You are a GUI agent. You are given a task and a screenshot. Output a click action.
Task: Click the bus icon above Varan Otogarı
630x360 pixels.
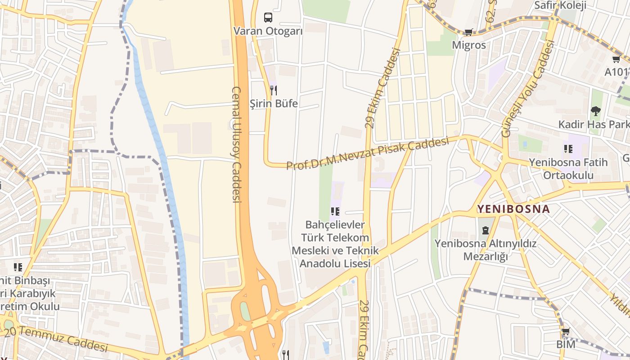[x=268, y=18]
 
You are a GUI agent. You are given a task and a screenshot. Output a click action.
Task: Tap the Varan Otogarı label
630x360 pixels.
[x=268, y=31]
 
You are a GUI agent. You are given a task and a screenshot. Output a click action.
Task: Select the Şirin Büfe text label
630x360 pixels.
[x=274, y=103]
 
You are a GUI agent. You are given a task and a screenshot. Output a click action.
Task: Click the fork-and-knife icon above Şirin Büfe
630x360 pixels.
[x=274, y=90]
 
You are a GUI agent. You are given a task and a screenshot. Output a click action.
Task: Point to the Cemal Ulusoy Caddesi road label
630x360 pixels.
[x=237, y=144]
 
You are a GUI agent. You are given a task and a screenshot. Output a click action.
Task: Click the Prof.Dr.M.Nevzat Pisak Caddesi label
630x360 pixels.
[x=368, y=154]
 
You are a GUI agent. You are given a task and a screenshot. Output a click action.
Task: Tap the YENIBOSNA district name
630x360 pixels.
[x=513, y=209]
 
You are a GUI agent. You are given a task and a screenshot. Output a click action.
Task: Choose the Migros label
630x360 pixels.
[x=469, y=45]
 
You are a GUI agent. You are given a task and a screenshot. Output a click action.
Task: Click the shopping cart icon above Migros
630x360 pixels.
[x=469, y=32]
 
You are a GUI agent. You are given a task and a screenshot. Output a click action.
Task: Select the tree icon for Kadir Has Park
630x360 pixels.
[x=595, y=111]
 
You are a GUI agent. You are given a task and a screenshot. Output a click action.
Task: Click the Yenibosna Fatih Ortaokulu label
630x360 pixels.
[x=568, y=168]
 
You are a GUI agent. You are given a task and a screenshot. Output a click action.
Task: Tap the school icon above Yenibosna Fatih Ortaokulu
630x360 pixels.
[x=568, y=148]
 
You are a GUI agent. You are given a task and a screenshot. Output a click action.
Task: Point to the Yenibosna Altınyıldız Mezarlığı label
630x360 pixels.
[x=486, y=250]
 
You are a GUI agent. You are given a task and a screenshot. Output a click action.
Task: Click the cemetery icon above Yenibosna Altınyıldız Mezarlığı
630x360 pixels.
[x=485, y=230]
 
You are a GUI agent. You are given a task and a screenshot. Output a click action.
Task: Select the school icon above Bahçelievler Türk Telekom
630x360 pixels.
[x=335, y=211]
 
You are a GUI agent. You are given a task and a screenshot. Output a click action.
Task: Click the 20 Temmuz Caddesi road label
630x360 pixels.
[x=56, y=339]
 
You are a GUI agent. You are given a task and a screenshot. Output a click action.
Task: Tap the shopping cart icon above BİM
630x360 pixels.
[x=566, y=332]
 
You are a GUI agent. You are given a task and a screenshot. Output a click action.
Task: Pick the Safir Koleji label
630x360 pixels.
[x=560, y=5]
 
